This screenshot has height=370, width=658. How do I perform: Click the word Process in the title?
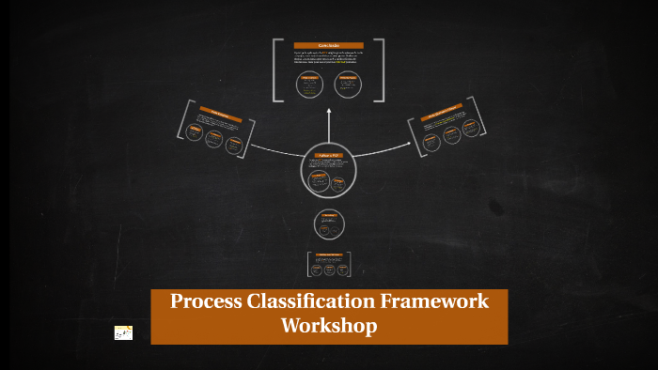[x=202, y=301]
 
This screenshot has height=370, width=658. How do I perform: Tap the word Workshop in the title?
[x=329, y=326]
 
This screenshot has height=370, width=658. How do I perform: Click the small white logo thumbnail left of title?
[x=123, y=332]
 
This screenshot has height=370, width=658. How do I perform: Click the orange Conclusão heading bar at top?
[x=328, y=45]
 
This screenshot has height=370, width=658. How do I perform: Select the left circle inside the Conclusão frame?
[x=309, y=84]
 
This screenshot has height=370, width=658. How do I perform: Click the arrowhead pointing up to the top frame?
[x=329, y=110]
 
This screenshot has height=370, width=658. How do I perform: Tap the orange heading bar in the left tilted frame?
[x=215, y=117]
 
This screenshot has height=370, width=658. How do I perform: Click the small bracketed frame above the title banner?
[x=328, y=265]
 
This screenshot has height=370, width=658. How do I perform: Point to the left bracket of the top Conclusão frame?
[x=276, y=69]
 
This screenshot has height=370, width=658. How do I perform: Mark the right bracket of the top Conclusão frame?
[x=381, y=69]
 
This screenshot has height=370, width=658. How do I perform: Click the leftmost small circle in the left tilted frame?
[x=194, y=133]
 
